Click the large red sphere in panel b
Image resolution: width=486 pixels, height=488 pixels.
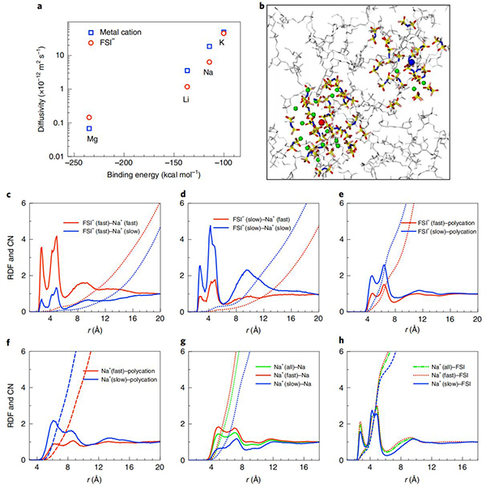322,122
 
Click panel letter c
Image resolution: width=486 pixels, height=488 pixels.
7,196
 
